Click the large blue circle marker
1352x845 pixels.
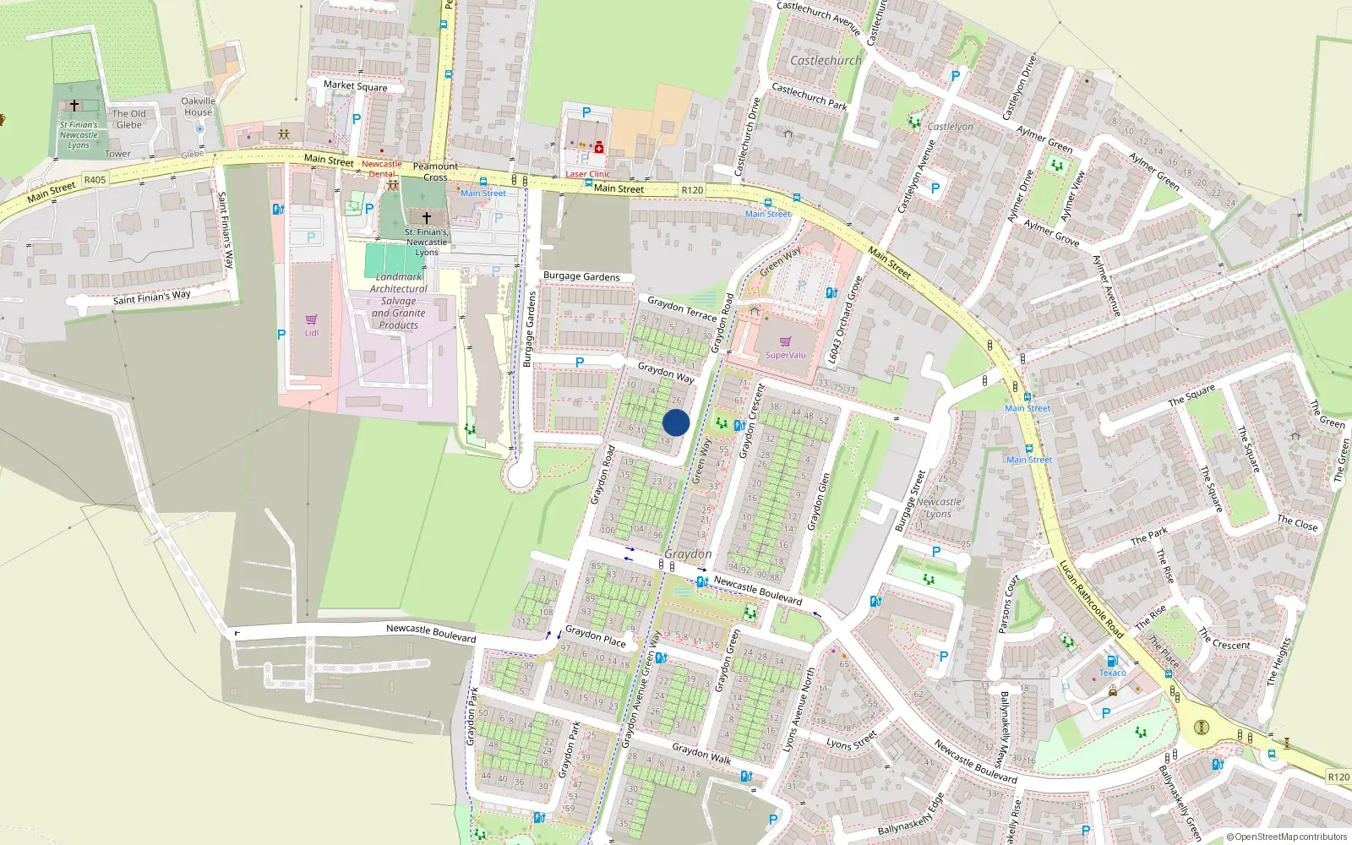(676, 422)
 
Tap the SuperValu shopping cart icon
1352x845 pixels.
(785, 341)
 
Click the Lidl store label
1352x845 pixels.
(311, 332)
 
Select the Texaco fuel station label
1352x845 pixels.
(1112, 673)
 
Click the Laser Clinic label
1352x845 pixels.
(587, 174)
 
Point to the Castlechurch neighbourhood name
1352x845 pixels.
(826, 61)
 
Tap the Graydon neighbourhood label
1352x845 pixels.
(688, 553)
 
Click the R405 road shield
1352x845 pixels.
(95, 179)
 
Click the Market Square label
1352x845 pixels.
(356, 85)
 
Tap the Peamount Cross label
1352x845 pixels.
(435, 172)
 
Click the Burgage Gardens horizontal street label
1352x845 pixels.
(581, 276)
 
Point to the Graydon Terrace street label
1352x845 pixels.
(682, 308)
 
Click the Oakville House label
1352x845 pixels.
(199, 106)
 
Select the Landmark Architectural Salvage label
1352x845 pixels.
(399, 301)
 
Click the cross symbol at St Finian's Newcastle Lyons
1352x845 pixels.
(74, 106)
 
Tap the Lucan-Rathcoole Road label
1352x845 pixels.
(1091, 599)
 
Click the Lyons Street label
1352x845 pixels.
(852, 742)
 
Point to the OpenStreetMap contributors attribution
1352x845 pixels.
(1287, 837)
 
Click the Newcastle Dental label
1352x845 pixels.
(382, 169)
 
